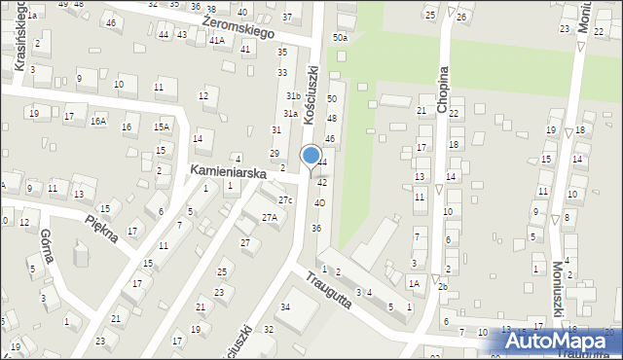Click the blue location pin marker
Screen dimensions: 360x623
click(311, 157)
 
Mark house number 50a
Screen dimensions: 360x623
click(339, 37)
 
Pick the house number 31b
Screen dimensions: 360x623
click(292, 96)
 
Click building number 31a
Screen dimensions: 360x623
click(290, 114)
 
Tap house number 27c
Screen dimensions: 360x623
click(284, 200)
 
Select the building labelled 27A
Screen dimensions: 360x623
click(270, 218)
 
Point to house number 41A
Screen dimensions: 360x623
click(216, 41)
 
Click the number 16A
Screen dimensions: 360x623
click(98, 122)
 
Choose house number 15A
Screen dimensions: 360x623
click(162, 126)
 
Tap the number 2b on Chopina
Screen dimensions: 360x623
click(442, 286)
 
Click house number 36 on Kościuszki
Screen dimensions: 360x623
click(315, 228)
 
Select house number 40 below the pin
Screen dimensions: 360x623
click(318, 202)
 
